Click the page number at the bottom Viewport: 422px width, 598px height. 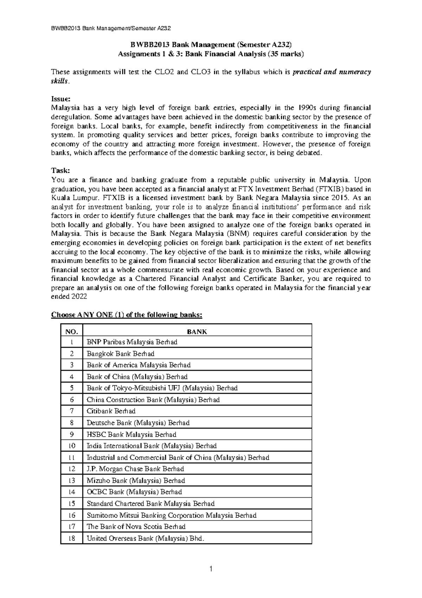(x=211, y=569)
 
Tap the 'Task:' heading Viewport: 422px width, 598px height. (x=61, y=170)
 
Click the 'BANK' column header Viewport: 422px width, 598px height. (x=197, y=332)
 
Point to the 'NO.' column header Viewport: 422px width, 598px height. (x=72, y=332)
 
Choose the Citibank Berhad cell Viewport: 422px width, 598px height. (x=111, y=411)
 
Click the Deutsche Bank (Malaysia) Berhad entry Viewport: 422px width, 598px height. (x=138, y=423)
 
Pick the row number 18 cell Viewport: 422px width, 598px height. (x=72, y=538)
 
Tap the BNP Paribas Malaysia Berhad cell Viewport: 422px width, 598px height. (x=132, y=342)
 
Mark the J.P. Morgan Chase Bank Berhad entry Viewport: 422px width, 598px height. (x=135, y=469)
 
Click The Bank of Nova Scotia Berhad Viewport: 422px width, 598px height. (x=136, y=527)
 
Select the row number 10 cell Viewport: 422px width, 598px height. (x=72, y=446)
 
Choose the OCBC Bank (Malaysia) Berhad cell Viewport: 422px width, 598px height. (x=134, y=492)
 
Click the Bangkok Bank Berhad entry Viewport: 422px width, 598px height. (x=121, y=354)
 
